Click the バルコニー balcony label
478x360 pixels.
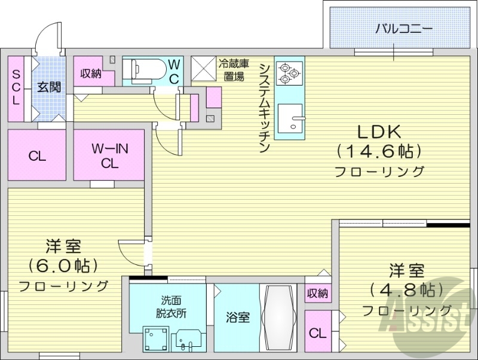pyautogui.click(x=403, y=28)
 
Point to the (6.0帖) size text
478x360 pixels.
pyautogui.click(x=63, y=265)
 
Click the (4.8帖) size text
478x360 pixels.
pyautogui.click(x=407, y=291)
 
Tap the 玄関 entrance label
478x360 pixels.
pyautogui.click(x=49, y=87)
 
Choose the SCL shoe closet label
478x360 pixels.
pyautogui.click(x=16, y=87)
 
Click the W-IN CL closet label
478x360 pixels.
pyautogui.click(x=109, y=155)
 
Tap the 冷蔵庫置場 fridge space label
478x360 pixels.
pyautogui.click(x=233, y=69)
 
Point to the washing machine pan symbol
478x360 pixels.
pyautogui.click(x=155, y=340)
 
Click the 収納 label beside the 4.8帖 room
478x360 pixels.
pyautogui.click(x=317, y=293)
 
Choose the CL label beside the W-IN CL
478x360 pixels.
pyautogui.click(x=37, y=157)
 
